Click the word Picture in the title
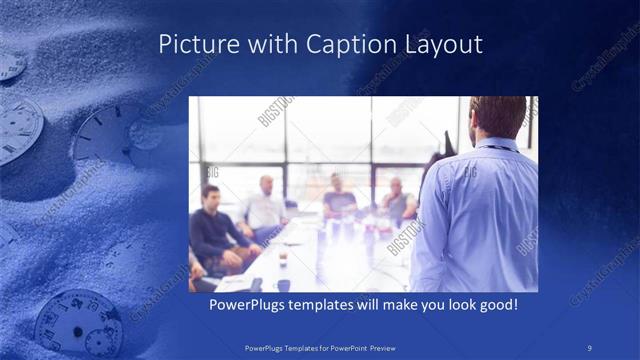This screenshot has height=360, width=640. tap(194, 45)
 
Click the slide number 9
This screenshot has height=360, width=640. tap(590, 348)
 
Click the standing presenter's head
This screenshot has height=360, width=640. tap(497, 117)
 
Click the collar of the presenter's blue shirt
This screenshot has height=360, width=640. tap(500, 144)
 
